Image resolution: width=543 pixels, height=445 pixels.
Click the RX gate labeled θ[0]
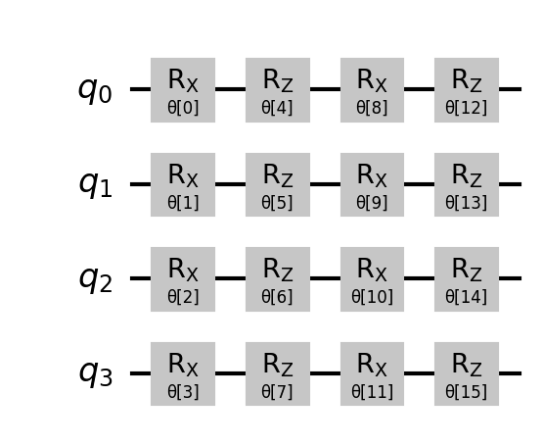coord(183,90)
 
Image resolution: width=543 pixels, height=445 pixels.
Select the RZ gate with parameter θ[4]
coord(278,90)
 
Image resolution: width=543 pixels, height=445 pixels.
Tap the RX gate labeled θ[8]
coord(373,90)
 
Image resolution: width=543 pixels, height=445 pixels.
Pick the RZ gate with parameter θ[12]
coord(467,90)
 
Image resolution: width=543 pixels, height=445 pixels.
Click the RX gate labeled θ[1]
coord(183,184)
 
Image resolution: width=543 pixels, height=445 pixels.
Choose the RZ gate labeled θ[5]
coord(278,184)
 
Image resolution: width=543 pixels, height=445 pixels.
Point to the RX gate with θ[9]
coord(373,184)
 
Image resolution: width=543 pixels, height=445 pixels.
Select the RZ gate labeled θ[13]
coord(467,184)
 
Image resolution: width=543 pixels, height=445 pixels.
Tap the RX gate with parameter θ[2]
coord(183,279)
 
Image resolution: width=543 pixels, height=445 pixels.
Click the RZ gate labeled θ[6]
coord(278,279)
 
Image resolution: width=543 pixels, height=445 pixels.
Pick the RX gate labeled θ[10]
coord(373,279)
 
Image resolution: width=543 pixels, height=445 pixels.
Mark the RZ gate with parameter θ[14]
coord(467,279)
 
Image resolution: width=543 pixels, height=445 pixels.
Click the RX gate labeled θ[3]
coord(183,373)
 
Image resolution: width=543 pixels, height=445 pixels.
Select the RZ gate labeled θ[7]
coord(278,373)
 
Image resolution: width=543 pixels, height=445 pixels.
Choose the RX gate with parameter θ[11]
coord(373,373)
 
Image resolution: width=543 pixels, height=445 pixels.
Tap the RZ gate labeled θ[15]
coord(467,373)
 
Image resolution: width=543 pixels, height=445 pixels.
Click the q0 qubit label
coord(95,90)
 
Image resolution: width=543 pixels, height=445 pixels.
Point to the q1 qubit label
coord(95,184)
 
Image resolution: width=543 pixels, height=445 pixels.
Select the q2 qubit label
coord(95,279)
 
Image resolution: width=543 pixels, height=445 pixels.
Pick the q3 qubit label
coord(95,373)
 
